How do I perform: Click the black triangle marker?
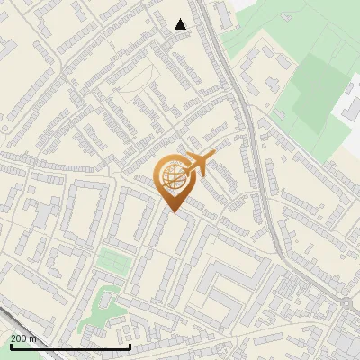(x=181, y=24)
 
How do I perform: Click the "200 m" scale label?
(x=24, y=338)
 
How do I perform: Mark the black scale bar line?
(x=70, y=346)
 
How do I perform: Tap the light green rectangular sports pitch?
(x=113, y=261)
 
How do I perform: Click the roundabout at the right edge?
(x=347, y=303)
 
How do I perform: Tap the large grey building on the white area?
(x=348, y=112)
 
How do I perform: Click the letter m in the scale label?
(x=33, y=338)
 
